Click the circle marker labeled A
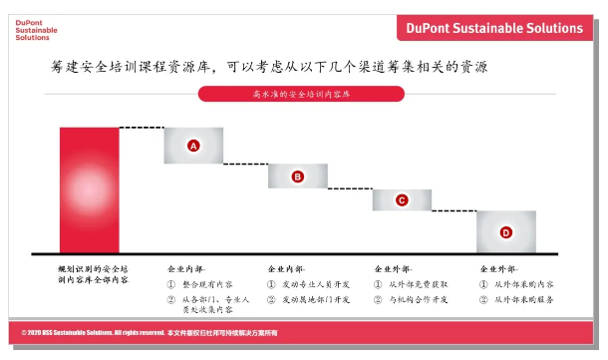tap(194, 146)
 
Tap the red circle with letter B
tap(297, 177)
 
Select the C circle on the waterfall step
tap(402, 200)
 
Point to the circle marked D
tap(505, 232)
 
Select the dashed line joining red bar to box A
tap(142, 128)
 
